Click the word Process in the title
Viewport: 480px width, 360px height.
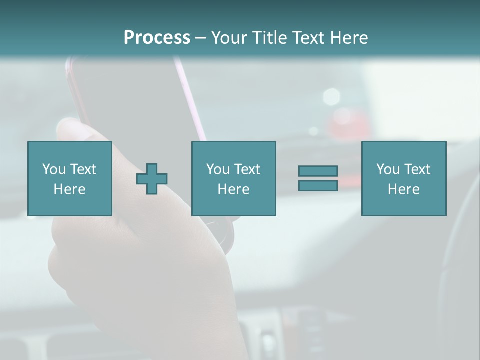[157, 37]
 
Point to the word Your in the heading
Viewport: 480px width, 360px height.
[230, 37]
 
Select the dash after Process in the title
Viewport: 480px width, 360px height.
[200, 38]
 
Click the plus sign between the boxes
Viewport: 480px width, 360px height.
[152, 179]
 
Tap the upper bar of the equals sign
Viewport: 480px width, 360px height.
[318, 171]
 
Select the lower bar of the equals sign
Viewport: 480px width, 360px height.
[318, 185]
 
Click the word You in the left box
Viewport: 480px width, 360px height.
[54, 169]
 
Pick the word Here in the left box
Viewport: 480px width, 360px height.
[69, 189]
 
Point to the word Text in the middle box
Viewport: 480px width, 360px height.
[247, 169]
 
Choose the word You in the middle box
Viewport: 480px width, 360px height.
[218, 169]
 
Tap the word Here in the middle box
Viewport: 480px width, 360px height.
[233, 189]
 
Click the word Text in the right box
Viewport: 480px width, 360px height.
[417, 169]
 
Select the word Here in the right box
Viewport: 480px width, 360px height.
[403, 189]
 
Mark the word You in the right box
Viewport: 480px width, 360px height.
[388, 169]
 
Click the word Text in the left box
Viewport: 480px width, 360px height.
[83, 169]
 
